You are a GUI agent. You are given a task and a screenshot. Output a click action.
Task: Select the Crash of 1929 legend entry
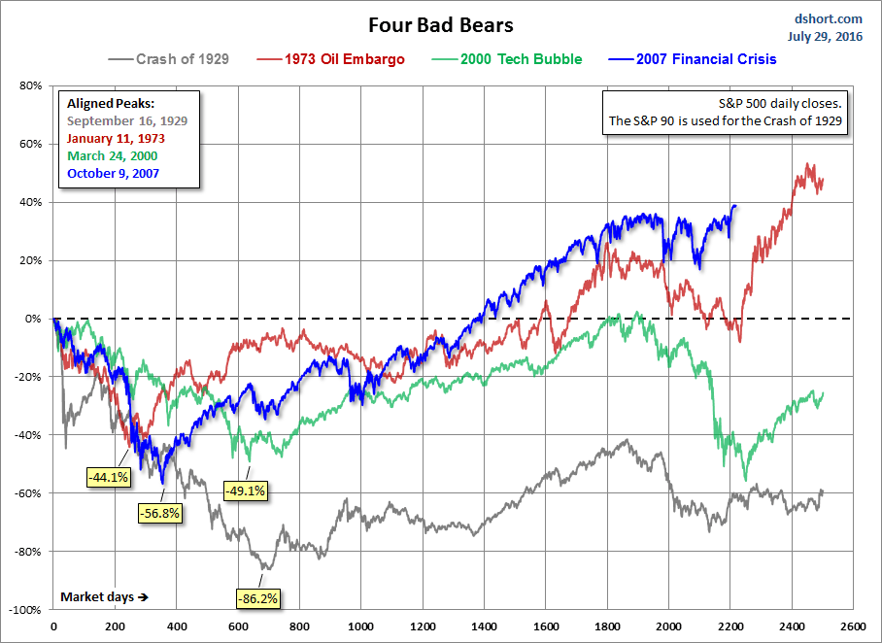[171, 59]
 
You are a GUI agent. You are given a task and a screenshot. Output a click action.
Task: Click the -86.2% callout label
[257, 599]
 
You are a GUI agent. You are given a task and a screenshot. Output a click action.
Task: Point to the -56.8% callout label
[158, 513]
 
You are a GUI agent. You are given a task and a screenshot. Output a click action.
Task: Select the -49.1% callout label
[246, 491]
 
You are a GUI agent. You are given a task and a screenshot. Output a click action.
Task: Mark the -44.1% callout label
[108, 477]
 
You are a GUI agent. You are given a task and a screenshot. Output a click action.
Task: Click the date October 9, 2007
[113, 173]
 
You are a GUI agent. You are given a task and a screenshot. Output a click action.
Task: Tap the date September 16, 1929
[126, 120]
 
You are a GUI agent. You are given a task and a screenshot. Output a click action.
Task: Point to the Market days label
[102, 595]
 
